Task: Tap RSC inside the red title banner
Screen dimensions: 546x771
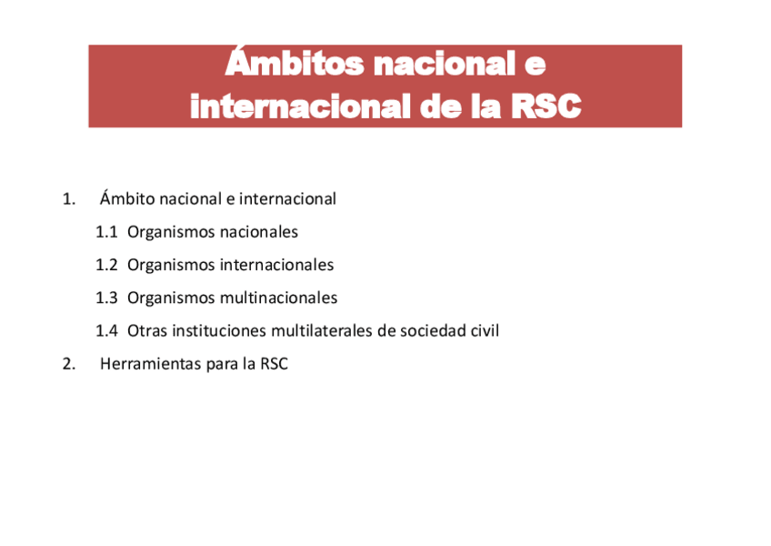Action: [x=546, y=106]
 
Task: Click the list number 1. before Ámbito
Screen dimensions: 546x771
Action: [x=68, y=198]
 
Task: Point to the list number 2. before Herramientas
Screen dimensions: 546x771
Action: [x=68, y=364]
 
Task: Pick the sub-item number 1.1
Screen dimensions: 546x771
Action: [x=106, y=232]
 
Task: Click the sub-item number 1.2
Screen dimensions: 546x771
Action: [x=106, y=265]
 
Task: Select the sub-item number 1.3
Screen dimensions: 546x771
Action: [x=106, y=298]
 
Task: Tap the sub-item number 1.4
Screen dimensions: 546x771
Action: [x=106, y=331]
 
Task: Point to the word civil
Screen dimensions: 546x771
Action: [x=485, y=331]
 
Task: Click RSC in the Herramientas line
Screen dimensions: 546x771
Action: [x=274, y=364]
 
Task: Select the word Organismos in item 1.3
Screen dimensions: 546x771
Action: [x=170, y=298]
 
